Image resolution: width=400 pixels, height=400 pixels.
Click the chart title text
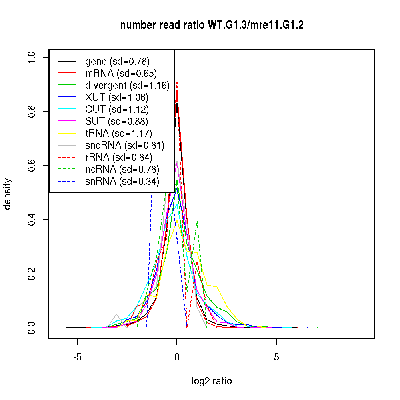(212, 25)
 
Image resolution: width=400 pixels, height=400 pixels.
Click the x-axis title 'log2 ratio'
(212, 381)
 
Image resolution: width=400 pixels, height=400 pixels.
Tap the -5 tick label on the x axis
(77, 357)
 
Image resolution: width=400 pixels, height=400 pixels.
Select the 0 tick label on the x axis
(177, 357)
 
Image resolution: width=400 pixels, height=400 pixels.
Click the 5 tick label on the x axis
(276, 357)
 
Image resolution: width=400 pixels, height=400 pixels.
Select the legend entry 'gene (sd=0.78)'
(117, 62)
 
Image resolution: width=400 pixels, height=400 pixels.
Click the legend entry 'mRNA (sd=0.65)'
(121, 74)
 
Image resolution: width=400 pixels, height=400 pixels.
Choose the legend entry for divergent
(127, 86)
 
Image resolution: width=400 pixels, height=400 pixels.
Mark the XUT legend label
(117, 98)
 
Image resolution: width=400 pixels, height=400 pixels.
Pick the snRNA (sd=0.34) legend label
(122, 182)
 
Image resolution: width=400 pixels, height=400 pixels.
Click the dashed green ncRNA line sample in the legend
(67, 170)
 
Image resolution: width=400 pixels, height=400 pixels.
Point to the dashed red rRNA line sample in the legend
(67, 158)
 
